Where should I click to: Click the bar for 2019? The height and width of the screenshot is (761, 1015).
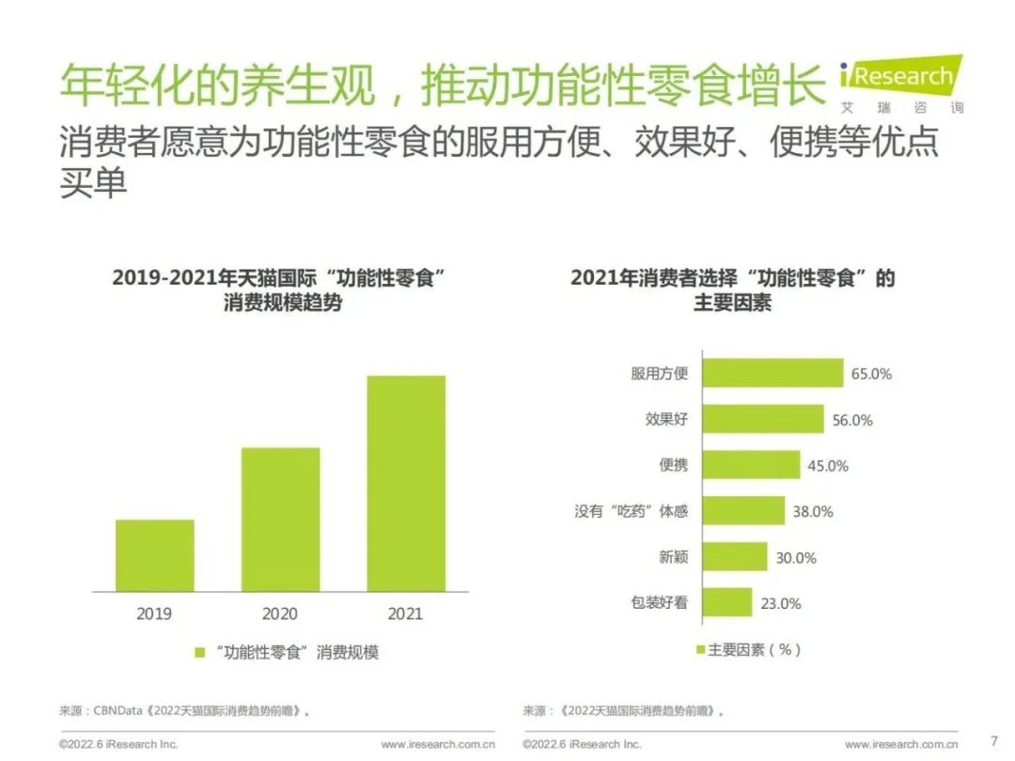point(155,555)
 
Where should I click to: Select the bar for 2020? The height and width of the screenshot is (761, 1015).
point(280,519)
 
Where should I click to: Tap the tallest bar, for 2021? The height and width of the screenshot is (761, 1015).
point(405,483)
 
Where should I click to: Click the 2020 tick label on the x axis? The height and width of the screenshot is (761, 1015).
point(280,613)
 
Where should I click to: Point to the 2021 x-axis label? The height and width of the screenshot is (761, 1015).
point(405,613)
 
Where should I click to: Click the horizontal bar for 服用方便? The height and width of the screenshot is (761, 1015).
point(773,373)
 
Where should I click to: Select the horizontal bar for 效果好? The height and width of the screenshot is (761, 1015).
point(762,419)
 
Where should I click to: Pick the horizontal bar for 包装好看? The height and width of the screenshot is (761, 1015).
point(727,602)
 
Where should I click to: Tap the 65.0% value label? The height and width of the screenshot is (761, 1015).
point(871,374)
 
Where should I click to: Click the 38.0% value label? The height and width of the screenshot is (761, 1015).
point(813,512)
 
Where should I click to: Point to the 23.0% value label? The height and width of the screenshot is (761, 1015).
point(781,603)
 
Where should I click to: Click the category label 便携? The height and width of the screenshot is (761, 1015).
point(673,465)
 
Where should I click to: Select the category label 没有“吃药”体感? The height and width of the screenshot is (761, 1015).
point(631,511)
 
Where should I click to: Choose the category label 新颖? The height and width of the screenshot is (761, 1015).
point(673,557)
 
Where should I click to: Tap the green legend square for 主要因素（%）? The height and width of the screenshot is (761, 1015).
point(700,649)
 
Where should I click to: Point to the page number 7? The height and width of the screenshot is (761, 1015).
point(994,740)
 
